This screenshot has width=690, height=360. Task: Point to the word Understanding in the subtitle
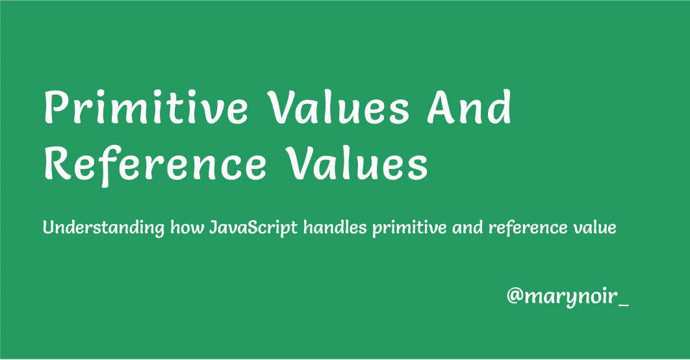[103, 227]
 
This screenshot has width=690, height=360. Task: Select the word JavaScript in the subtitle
[253, 228]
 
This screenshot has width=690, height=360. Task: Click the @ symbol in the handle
[515, 296]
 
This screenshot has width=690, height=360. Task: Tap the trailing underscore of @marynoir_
[623, 305]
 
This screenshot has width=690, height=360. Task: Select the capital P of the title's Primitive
[55, 107]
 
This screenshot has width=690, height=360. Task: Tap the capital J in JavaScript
[214, 228]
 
